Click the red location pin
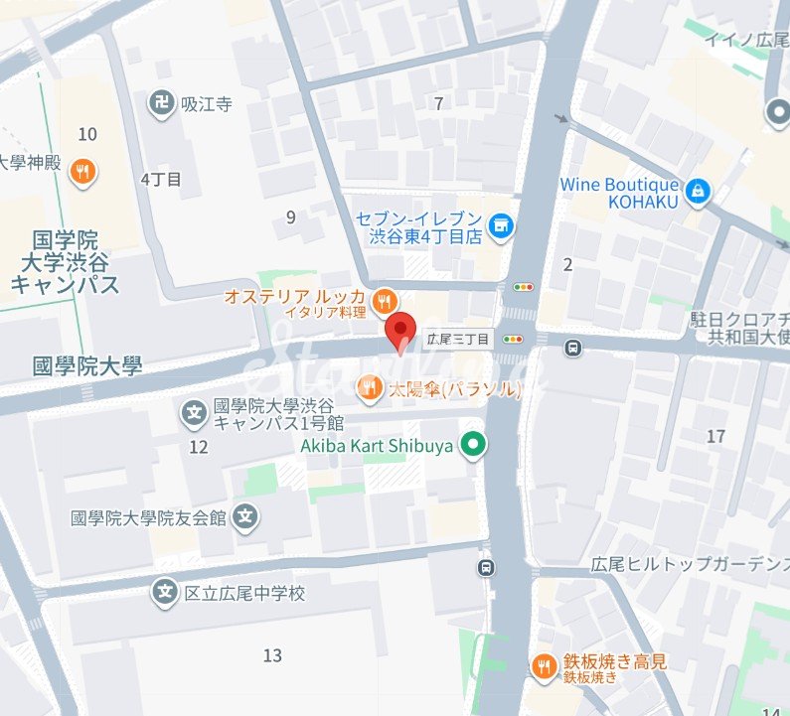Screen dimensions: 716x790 pyautogui.click(x=399, y=331)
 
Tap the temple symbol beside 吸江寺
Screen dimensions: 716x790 pyautogui.click(x=159, y=102)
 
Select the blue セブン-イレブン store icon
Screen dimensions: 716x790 pyautogui.click(x=504, y=225)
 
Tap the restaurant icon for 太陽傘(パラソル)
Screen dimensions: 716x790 pyautogui.click(x=370, y=386)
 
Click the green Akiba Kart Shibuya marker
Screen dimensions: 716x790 pyautogui.click(x=474, y=445)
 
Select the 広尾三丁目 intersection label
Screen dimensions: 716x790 pyautogui.click(x=458, y=339)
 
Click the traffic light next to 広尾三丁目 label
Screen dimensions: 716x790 pyautogui.click(x=514, y=339)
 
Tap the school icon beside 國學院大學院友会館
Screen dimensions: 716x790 pyautogui.click(x=247, y=517)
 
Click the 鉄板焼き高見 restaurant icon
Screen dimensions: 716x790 pyautogui.click(x=544, y=667)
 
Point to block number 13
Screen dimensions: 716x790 pyautogui.click(x=272, y=655)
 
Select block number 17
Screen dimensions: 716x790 pyautogui.click(x=715, y=436)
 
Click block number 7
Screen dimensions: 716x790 pyautogui.click(x=438, y=102)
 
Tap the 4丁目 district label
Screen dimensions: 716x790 pyautogui.click(x=160, y=180)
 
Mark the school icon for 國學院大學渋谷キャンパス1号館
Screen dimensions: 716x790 pyautogui.click(x=195, y=411)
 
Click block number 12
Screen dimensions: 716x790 pyautogui.click(x=199, y=447)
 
